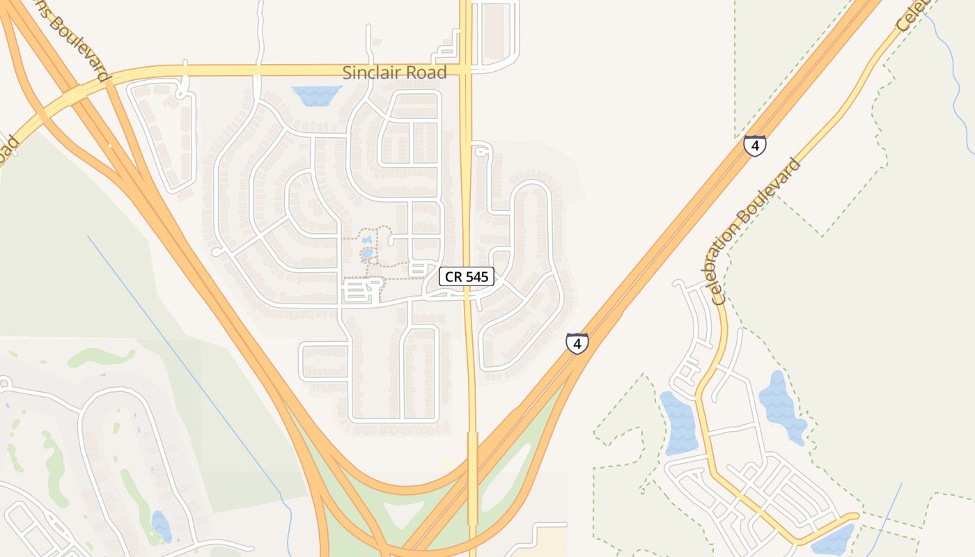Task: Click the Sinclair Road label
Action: point(394,72)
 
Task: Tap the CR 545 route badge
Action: point(467,277)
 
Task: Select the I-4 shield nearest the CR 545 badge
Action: point(577,343)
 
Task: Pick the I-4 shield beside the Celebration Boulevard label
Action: point(755,146)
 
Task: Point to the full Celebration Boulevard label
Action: point(758,231)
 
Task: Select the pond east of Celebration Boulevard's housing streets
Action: point(782,407)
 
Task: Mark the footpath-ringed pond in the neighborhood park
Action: point(367,254)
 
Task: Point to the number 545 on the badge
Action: point(477,277)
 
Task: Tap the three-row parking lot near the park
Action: point(356,290)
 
